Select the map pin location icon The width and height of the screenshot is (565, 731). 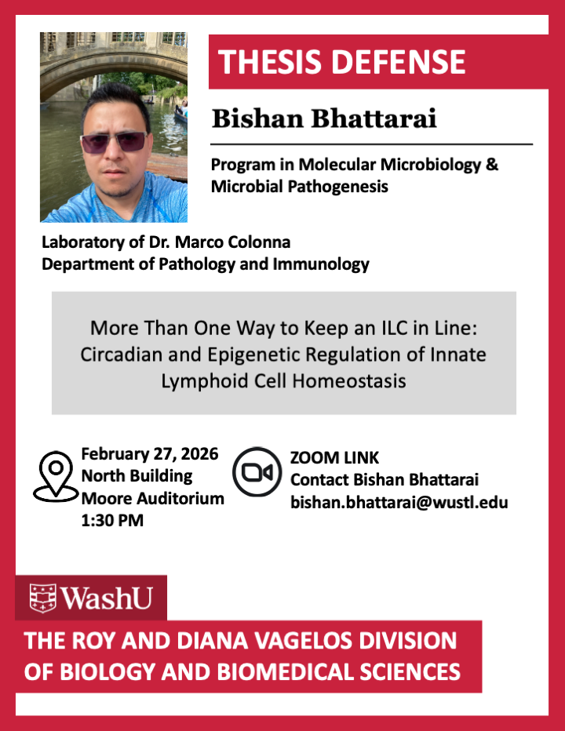coord(56,476)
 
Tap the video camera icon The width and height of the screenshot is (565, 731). coord(257,472)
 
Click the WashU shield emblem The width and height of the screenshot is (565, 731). coord(43,598)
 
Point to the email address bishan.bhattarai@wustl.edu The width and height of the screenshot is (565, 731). coord(399,502)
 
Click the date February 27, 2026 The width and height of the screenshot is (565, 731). coord(150,453)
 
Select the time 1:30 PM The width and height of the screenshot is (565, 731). coord(112,520)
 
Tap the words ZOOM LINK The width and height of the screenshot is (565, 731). coord(334,458)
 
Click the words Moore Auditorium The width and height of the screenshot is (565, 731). coord(152,498)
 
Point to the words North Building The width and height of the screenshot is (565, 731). coord(137,476)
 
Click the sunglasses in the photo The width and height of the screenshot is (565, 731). coord(113,142)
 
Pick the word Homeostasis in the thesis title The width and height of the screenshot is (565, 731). coord(349,381)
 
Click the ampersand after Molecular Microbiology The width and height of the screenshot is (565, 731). coord(492,164)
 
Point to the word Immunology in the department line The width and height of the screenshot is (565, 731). coord(321,264)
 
